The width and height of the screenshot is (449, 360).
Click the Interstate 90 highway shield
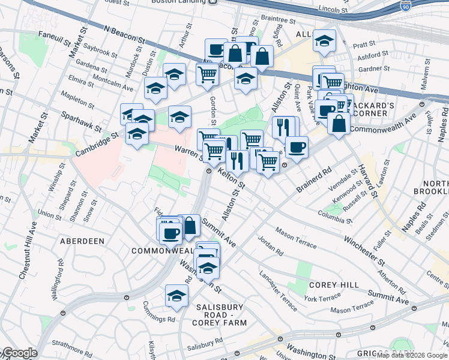tap(406, 5)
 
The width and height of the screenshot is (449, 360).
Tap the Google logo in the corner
tap(19, 353)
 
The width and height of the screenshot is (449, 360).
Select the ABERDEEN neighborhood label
tap(82, 241)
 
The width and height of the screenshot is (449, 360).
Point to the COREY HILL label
tap(333, 285)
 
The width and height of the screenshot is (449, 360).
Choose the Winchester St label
tap(364, 251)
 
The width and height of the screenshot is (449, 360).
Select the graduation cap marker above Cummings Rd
tap(176, 295)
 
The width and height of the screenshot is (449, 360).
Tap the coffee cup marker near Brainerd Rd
tap(297, 146)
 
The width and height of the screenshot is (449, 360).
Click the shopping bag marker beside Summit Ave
tap(189, 226)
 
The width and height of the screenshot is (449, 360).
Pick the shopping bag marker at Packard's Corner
tap(339, 123)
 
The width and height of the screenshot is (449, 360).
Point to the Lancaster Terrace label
tap(278, 291)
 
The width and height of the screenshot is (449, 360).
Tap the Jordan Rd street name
tap(270, 244)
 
